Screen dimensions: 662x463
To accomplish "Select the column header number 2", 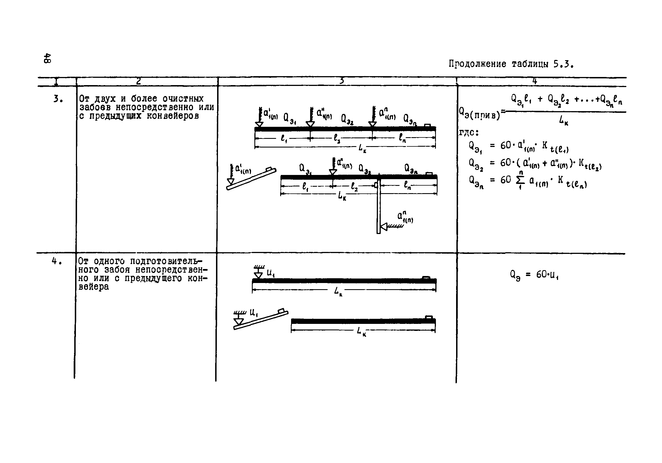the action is coord(139,81).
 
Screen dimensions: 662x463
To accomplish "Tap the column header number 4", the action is coord(535,81).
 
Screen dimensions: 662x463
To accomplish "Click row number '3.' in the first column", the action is coord(58,99).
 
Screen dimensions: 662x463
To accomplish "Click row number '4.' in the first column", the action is coord(57,261).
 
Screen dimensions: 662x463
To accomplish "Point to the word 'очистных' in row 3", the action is coord(183,99).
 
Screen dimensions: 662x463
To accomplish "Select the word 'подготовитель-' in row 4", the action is coord(166,261).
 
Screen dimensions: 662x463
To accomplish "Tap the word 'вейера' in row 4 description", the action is coord(94,287).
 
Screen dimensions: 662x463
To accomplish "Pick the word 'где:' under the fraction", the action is coord(469,132).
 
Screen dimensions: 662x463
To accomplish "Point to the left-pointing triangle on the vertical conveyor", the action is coord(384,227).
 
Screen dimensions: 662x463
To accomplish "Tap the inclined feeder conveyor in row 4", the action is coord(261,320).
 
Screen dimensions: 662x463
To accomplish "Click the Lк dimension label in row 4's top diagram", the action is coord(338,292).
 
